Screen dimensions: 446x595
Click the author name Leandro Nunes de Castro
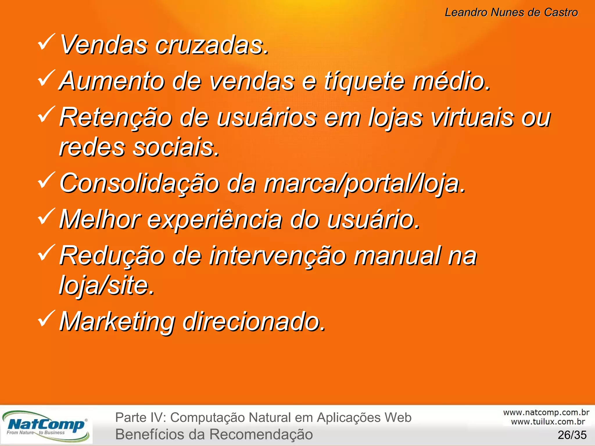(511, 12)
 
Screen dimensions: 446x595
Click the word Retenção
(116, 118)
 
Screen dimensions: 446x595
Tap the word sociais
(176, 147)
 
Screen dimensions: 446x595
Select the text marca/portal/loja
(365, 184)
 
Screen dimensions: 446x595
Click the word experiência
(215, 220)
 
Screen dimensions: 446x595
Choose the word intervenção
(278, 256)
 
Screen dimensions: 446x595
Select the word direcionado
(254, 321)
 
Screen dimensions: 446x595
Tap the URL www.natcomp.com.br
(546, 413)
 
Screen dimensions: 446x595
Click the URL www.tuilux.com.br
(548, 422)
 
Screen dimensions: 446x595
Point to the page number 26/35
(572, 435)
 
